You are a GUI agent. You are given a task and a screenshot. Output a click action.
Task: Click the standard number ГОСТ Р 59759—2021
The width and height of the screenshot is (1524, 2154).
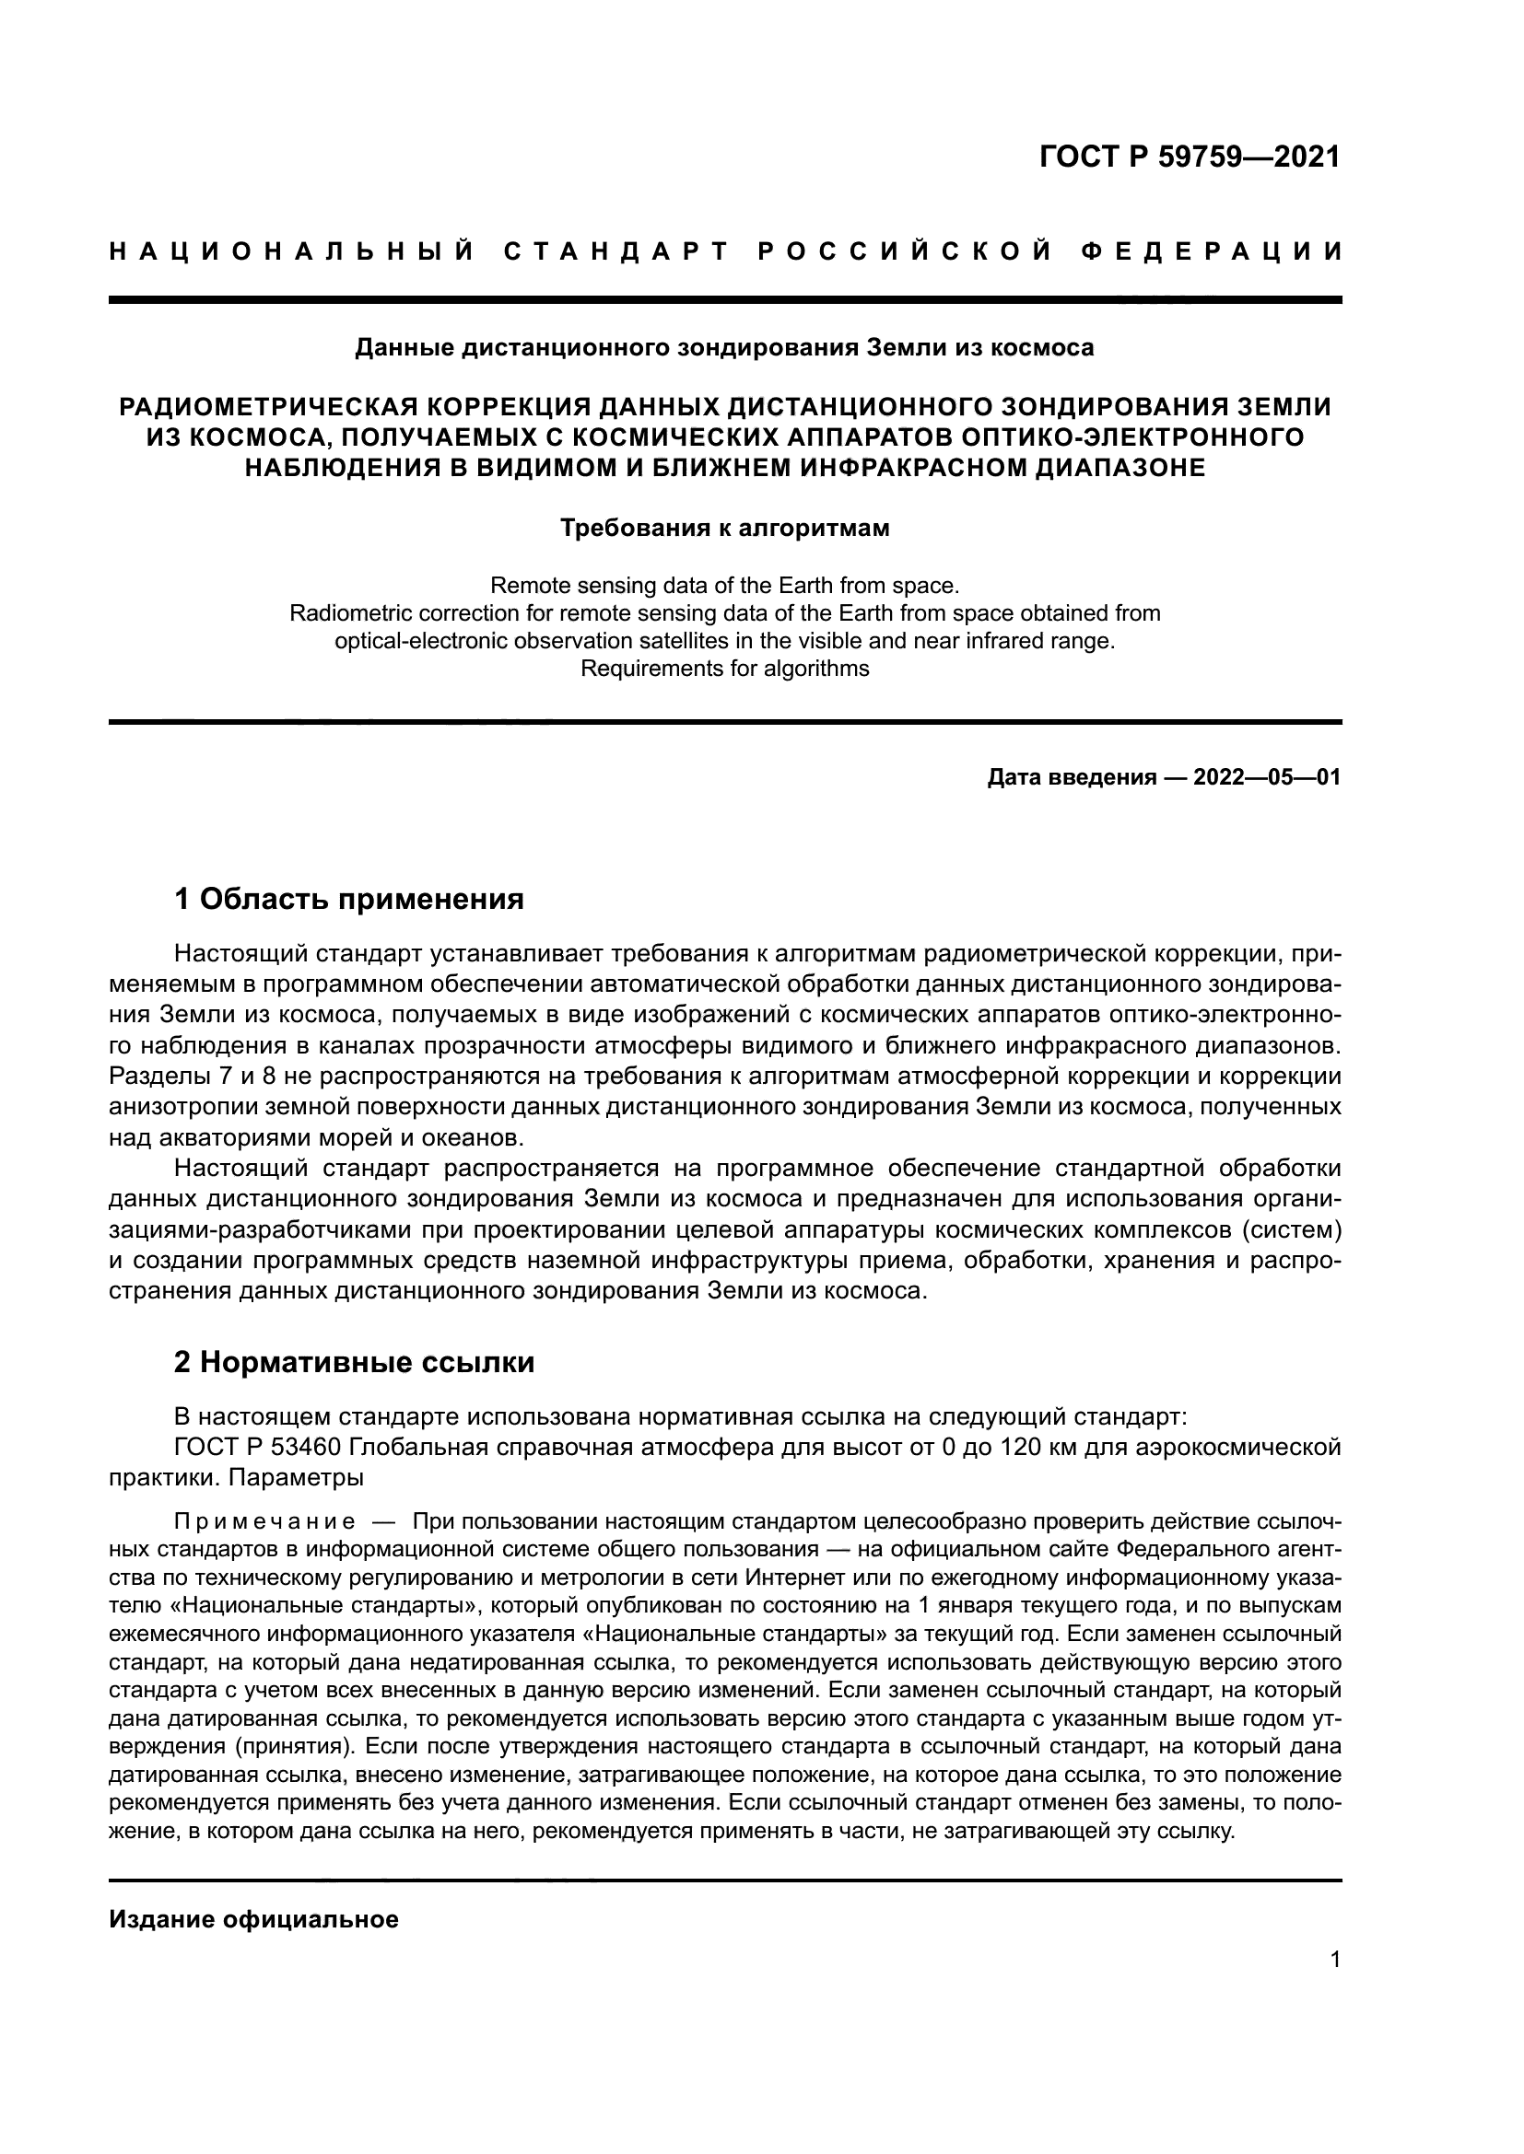pos(1189,156)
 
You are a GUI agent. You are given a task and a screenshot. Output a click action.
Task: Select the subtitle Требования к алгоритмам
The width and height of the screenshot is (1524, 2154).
pos(724,529)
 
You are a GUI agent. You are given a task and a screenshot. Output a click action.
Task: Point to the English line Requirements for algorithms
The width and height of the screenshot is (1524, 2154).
pos(724,669)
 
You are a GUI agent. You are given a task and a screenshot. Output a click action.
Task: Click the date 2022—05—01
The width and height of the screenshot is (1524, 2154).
pos(1267,778)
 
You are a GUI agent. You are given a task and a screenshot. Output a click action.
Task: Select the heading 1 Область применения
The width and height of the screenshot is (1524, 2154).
pos(348,899)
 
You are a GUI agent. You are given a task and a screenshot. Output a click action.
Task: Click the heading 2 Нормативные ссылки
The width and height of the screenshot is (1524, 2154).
pos(354,1361)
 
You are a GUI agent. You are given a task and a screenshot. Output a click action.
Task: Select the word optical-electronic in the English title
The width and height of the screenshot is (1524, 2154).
pos(419,642)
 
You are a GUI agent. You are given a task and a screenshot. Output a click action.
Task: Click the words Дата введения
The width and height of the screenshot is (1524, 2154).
pos(1071,778)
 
